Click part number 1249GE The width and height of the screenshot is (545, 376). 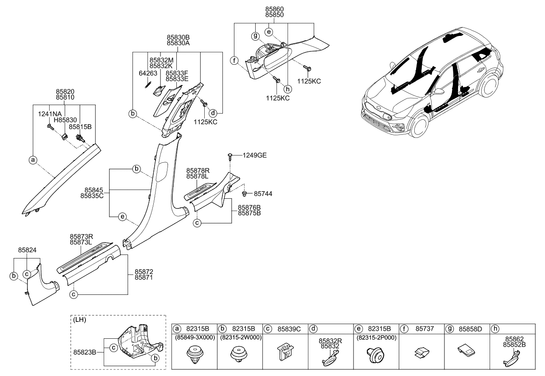[x=254, y=155]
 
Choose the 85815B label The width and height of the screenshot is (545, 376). [x=80, y=126]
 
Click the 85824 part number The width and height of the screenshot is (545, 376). [x=27, y=251]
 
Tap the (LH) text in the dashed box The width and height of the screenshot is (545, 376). [x=80, y=320]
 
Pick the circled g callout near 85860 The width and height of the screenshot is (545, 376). [x=255, y=35]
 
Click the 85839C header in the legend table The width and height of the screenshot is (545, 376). [x=288, y=329]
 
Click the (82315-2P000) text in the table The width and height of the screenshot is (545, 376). [x=376, y=337]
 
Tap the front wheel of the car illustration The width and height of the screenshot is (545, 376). [x=417, y=126]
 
